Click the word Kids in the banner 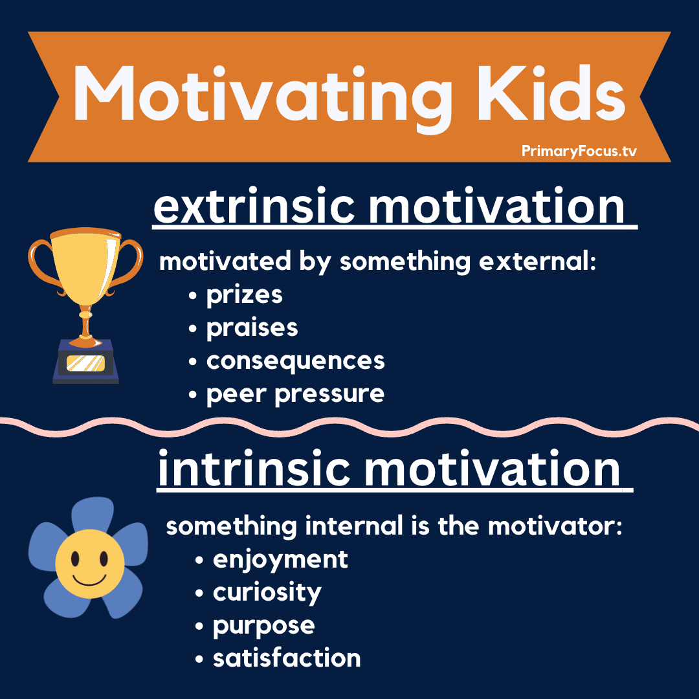click(551, 94)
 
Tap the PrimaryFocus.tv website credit click(579, 151)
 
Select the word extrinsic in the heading click(254, 206)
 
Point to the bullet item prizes click(244, 295)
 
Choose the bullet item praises click(252, 328)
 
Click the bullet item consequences click(296, 361)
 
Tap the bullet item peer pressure click(295, 394)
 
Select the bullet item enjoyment click(280, 560)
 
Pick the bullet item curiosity click(267, 593)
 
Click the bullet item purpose click(264, 626)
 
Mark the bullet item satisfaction click(287, 658)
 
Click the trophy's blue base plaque click(85, 362)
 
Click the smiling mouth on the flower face click(89, 581)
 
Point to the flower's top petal click(93, 515)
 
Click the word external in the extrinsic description click(537, 261)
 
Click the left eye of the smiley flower click(75, 558)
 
